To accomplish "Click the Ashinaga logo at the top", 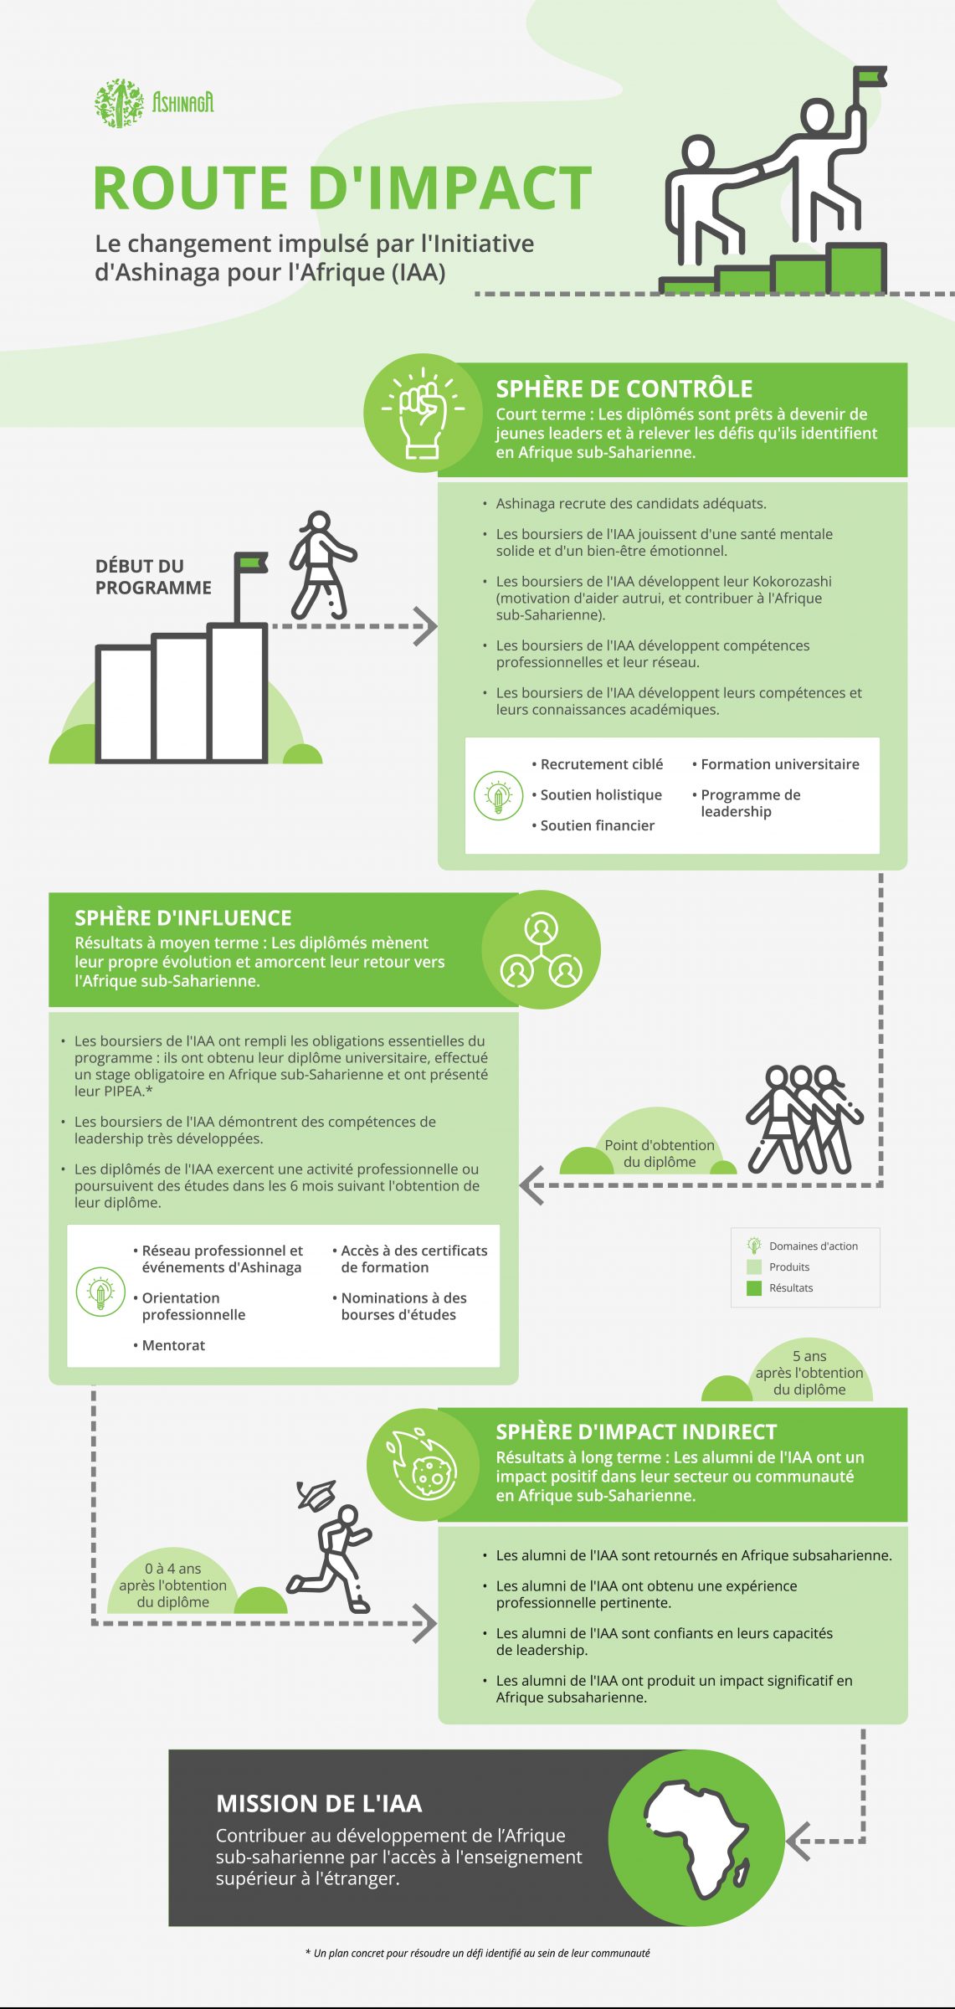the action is pos(154,103).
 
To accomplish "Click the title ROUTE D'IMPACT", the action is pos(342,188).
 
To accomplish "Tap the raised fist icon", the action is pos(423,413).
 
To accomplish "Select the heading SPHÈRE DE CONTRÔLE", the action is pos(624,388).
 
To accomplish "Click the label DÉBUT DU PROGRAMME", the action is pos(153,577).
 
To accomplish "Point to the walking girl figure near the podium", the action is pos(322,565).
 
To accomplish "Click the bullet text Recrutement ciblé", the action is pos(601,764).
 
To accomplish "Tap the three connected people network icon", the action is pos(542,949).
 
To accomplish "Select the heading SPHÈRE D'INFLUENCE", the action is pos(183,917).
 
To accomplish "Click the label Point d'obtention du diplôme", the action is pos(660,1154).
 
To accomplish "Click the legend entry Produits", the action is pos(789,1267).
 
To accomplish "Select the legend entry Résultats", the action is pos(791,1287).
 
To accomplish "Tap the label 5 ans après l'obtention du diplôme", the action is pos(809,1373).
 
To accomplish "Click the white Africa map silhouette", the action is pos(696,1838).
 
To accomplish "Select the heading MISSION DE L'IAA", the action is pos(319,1803).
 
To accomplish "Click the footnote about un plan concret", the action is pos(478,1953).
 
